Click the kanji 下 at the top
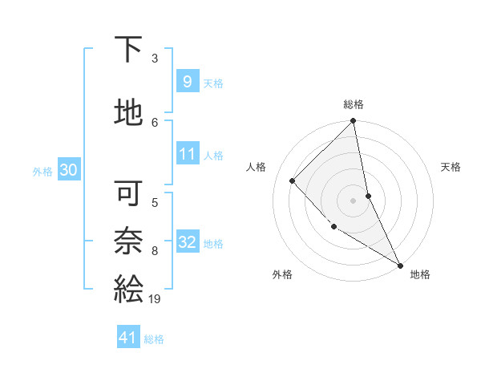point(128,50)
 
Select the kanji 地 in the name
point(128,113)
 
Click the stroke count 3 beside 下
point(155,59)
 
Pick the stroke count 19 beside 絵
point(155,299)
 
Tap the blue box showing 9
point(187,82)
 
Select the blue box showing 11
point(187,154)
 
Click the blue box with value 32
point(187,242)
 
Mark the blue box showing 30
point(68,170)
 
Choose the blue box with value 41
point(128,338)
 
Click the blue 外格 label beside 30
point(42,171)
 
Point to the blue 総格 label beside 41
point(154,339)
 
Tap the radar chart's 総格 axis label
point(354,104)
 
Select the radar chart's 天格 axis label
point(451,167)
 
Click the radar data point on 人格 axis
point(293,180)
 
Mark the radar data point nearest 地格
point(400,265)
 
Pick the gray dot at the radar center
point(353,200)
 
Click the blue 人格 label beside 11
point(213,156)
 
